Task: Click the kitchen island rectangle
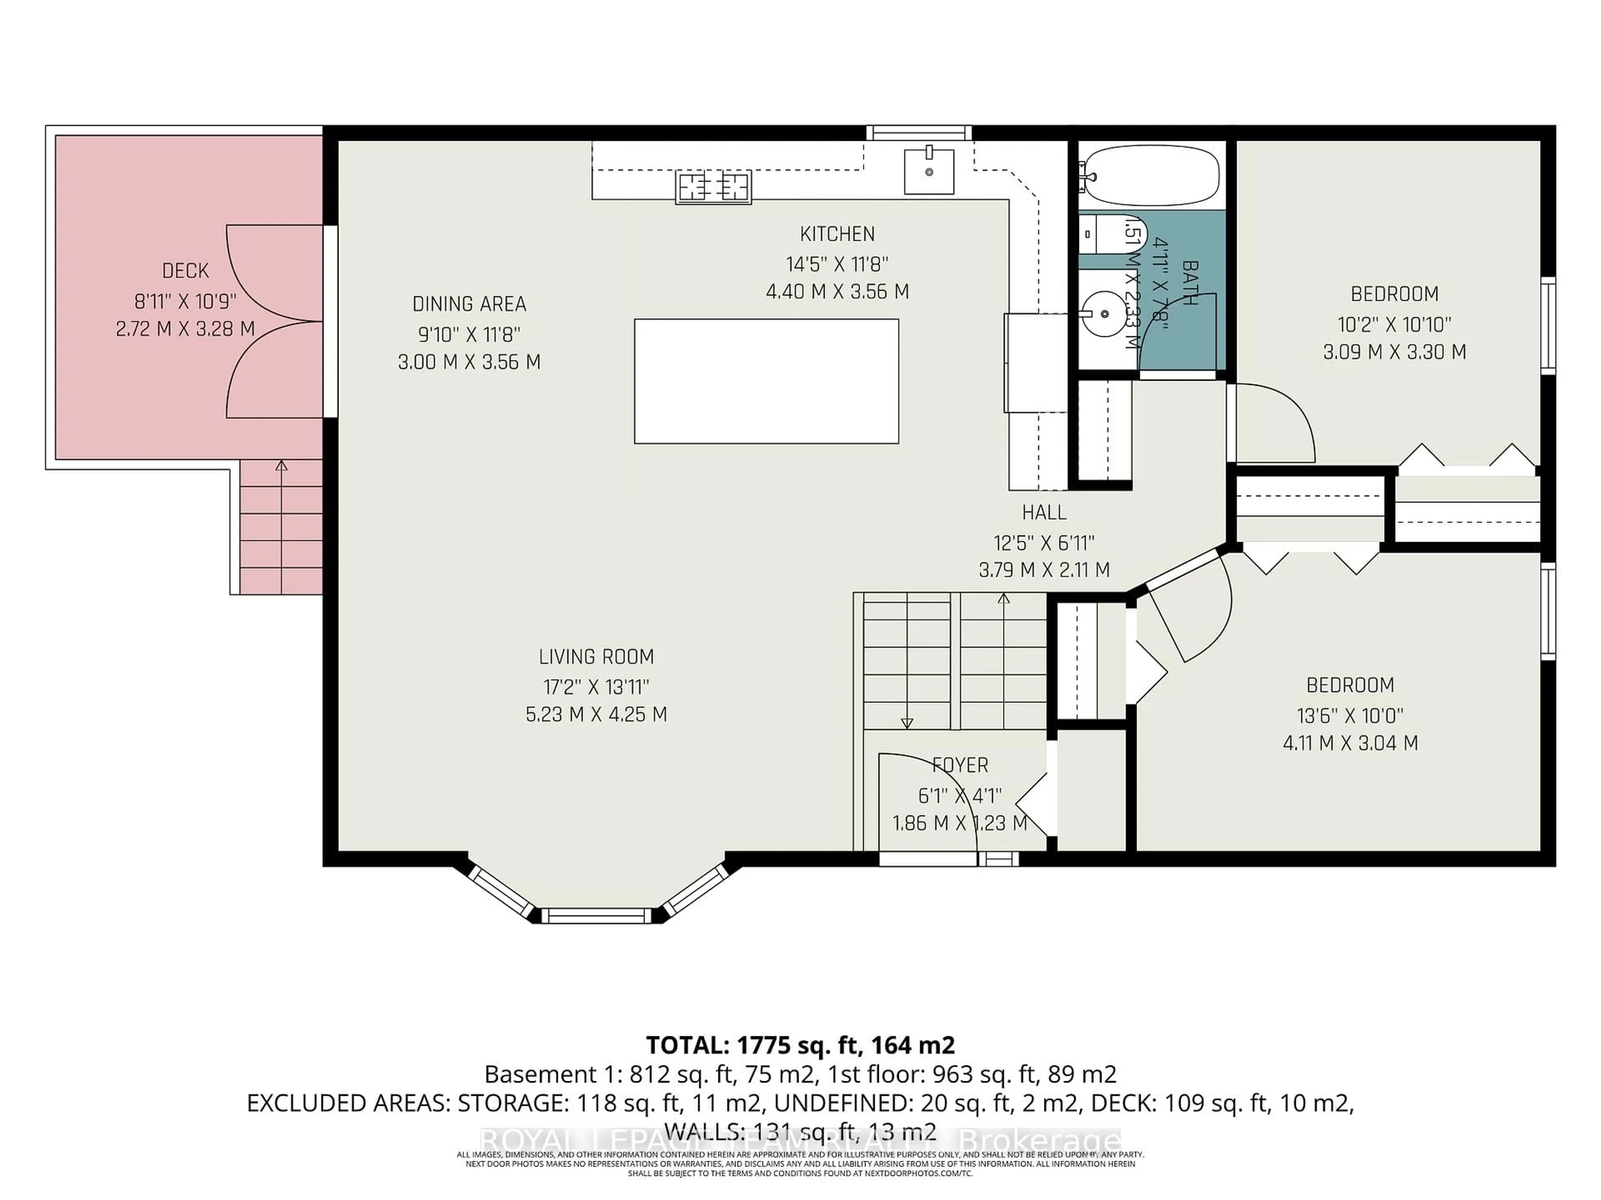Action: pos(766,381)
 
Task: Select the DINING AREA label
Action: pos(469,304)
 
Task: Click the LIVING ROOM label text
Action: pos(596,657)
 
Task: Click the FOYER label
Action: pos(960,765)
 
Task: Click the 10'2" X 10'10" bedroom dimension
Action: pos(1394,324)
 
